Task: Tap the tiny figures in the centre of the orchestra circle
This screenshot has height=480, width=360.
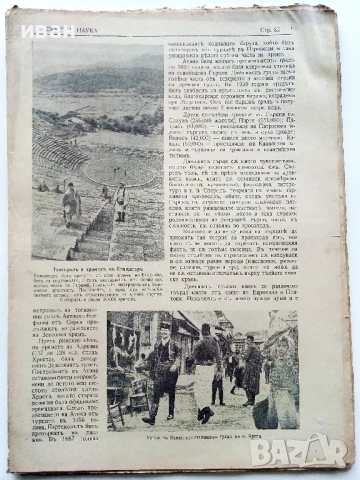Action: (x=120, y=165)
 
